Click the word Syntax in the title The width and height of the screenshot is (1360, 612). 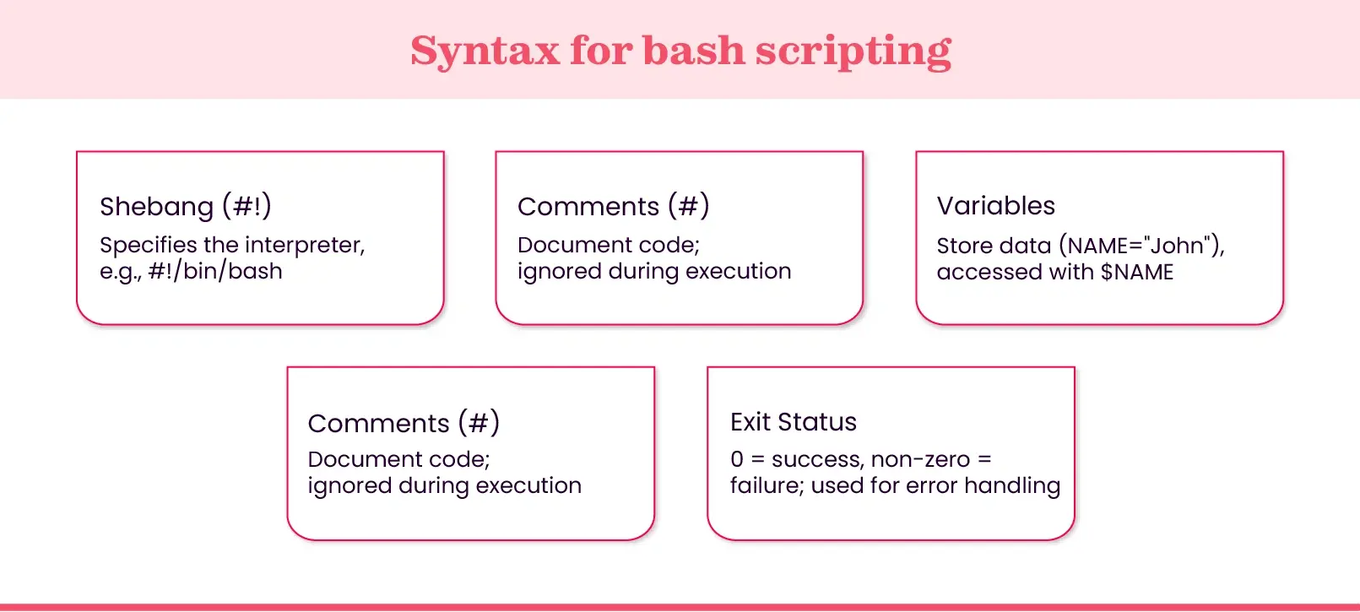coord(485,51)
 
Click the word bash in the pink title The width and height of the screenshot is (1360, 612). coord(693,51)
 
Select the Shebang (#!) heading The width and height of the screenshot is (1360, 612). coord(185,206)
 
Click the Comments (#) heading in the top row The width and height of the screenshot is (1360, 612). coord(613,206)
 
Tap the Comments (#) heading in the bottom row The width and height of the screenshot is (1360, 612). coord(404,422)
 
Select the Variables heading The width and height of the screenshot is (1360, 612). coord(995,206)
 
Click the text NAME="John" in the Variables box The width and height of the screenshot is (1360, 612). coord(1141,246)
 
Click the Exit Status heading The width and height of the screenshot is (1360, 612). coord(793,422)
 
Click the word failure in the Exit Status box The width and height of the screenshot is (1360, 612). coord(766,486)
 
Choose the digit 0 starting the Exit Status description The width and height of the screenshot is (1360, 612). coord(737,460)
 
